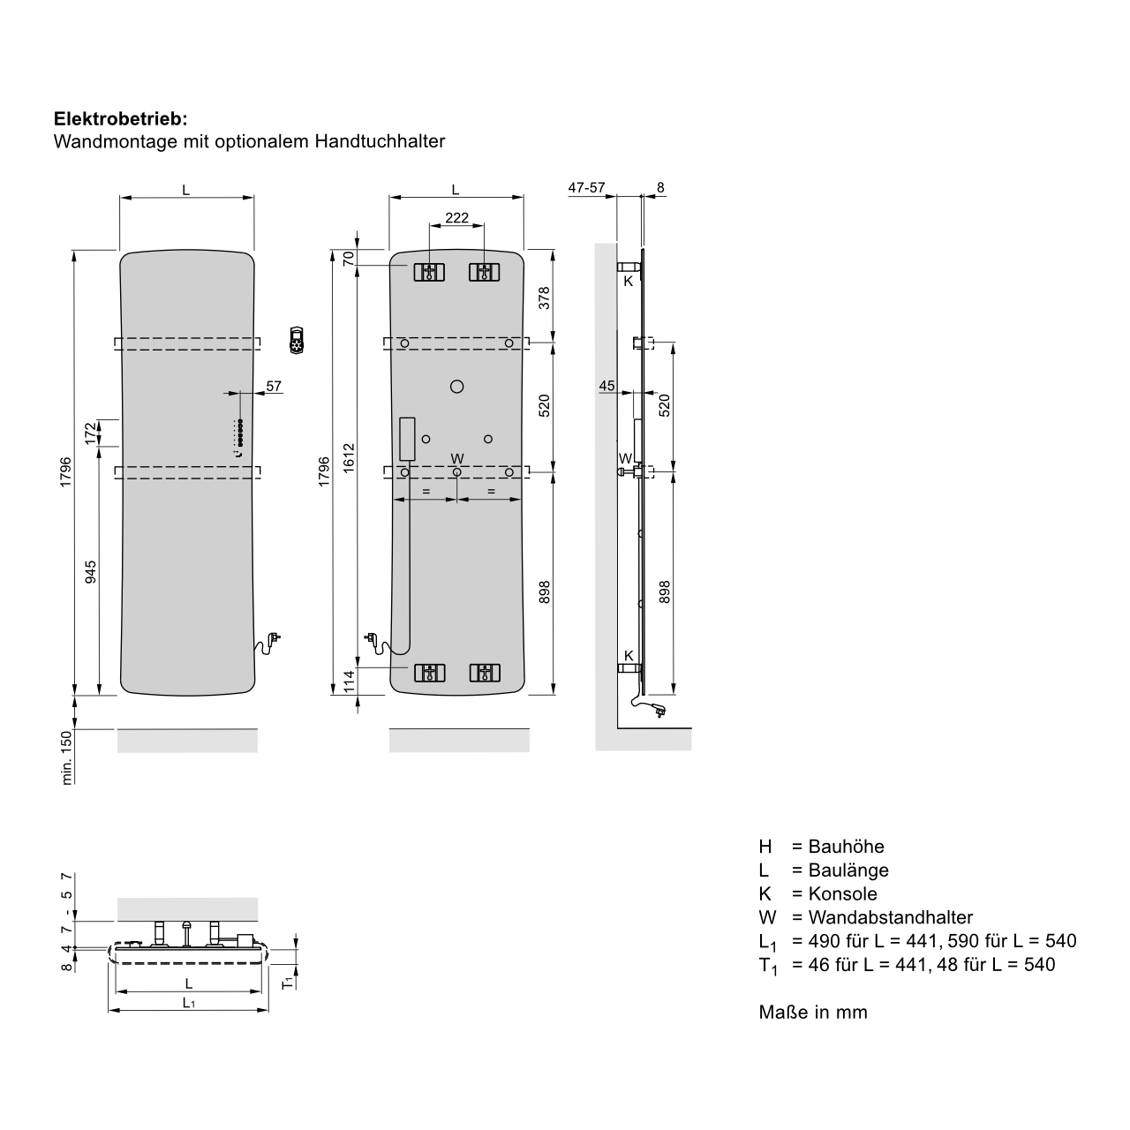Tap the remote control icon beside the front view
click(x=297, y=340)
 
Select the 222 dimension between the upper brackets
click(x=456, y=218)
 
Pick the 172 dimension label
click(x=92, y=433)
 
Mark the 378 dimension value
click(x=544, y=298)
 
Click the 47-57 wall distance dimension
click(x=586, y=188)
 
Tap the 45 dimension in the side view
click(x=606, y=385)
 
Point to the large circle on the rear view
click(x=456, y=386)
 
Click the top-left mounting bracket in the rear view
click(x=429, y=272)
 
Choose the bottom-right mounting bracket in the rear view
click(x=484, y=674)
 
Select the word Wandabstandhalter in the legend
click(x=890, y=917)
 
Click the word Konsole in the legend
click(x=843, y=893)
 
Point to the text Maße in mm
click(x=813, y=1013)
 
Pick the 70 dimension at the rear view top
click(x=348, y=259)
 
